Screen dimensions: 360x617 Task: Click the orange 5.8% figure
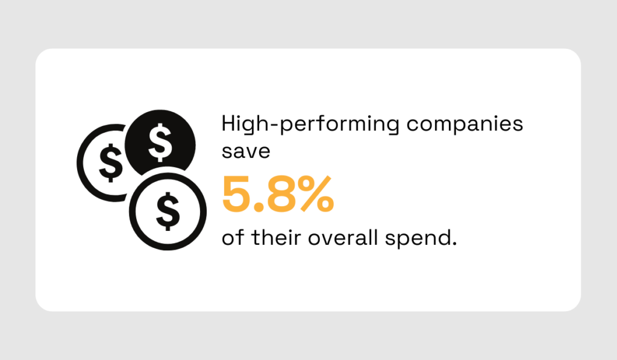tap(278, 194)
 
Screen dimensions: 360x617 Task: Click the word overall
tap(349, 238)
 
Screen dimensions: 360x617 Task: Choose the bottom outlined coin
tap(168, 209)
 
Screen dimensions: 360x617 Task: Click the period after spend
tap(454, 242)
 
